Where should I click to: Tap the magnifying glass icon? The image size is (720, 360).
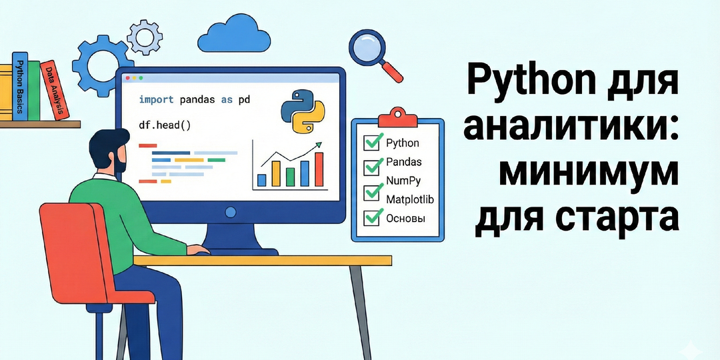point(370,48)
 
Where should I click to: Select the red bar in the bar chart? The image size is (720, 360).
point(319,169)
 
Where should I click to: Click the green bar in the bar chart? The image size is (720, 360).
point(291,177)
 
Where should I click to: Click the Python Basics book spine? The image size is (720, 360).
point(21,87)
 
